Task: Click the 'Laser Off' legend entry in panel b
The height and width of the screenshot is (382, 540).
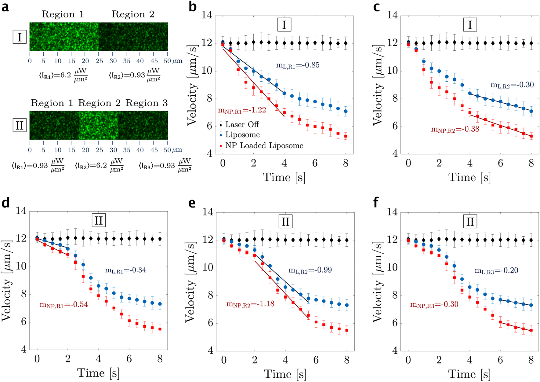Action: (x=242, y=125)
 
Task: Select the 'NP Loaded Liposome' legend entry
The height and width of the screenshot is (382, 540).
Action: (x=264, y=145)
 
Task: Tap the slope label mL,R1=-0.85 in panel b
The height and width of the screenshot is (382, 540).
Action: (x=298, y=65)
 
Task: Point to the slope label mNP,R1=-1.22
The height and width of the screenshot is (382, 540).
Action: (x=242, y=110)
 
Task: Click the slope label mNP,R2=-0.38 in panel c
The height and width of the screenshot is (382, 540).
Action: (x=455, y=129)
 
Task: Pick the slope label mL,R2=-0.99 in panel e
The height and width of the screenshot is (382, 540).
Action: (x=310, y=270)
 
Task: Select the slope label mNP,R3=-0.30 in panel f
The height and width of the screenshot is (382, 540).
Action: (x=434, y=304)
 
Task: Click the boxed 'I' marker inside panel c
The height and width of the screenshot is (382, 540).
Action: (x=470, y=24)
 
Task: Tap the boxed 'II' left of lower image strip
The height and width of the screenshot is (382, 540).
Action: (x=20, y=126)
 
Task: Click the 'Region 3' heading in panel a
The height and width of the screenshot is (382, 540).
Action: (x=147, y=103)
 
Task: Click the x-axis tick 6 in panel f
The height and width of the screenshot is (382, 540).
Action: (x=500, y=360)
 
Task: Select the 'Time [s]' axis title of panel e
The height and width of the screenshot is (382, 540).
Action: (x=284, y=374)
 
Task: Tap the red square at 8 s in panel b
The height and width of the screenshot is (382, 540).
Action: (x=346, y=136)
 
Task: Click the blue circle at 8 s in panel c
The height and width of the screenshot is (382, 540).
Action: (x=531, y=111)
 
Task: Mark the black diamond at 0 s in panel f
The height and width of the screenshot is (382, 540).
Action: (x=408, y=239)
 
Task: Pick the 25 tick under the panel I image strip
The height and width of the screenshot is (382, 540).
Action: (x=99, y=61)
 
